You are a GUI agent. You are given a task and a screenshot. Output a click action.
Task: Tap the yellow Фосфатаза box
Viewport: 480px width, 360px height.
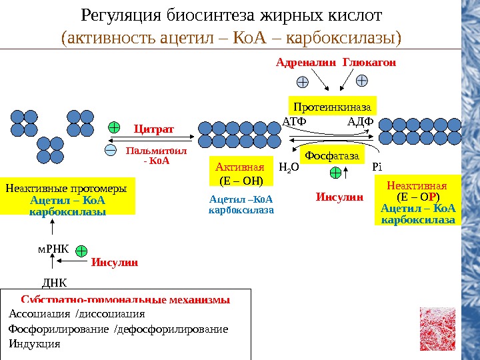tap(331, 156)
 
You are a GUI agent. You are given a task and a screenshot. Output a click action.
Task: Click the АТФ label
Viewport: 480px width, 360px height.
tap(293, 121)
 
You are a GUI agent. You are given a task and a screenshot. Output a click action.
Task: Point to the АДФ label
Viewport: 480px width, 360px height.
tap(361, 121)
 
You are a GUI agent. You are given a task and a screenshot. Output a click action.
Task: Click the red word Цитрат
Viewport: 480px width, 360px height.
tap(153, 128)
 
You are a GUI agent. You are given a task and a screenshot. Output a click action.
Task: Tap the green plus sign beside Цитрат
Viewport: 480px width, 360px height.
tap(114, 127)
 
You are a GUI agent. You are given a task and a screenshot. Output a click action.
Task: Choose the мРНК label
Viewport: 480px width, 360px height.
tap(48, 250)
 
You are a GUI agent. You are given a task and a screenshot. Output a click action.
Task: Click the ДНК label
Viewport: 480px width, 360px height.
tap(55, 282)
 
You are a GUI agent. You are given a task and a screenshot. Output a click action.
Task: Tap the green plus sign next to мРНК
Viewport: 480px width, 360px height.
tap(81, 251)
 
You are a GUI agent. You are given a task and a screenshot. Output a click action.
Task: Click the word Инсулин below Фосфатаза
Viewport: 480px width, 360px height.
tap(339, 197)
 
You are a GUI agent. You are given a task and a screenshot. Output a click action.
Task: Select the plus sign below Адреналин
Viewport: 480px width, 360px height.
tap(302, 83)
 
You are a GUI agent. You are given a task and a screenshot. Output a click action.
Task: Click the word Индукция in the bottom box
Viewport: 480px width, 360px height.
tap(34, 344)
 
